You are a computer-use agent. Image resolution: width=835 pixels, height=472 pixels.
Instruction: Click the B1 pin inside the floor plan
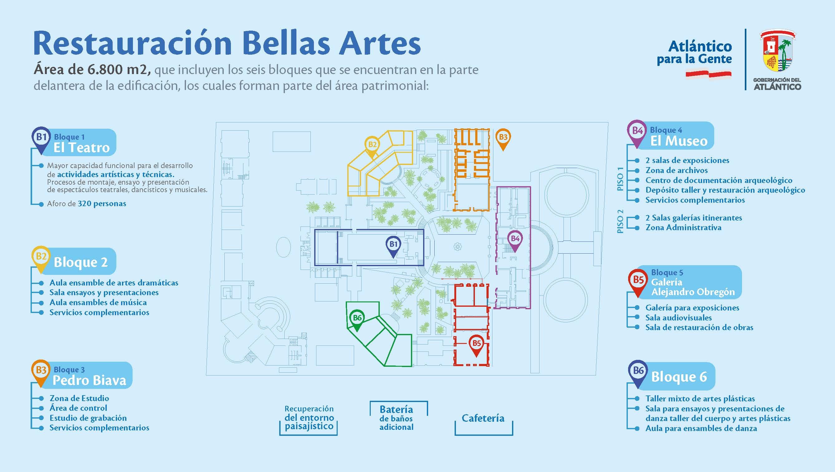393,246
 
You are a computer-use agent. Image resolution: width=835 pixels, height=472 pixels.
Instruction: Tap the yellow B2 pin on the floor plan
372,147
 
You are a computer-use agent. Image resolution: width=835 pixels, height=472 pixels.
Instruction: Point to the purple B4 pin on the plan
515,241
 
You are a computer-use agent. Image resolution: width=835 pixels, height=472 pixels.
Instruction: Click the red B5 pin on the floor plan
476,345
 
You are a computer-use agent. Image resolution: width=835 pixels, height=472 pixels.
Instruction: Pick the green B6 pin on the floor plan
357,320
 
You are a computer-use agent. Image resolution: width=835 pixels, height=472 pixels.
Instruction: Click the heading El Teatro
82,148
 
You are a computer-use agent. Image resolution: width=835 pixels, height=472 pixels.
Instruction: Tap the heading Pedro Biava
90,380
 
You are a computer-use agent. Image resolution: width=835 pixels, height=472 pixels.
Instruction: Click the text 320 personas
102,204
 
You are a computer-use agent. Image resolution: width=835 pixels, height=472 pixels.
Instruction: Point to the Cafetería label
483,418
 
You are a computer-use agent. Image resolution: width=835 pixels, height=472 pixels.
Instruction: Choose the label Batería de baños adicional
396,418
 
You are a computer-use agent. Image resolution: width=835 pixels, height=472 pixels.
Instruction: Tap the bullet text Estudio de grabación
88,418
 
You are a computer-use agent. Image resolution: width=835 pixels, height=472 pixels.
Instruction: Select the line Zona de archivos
676,170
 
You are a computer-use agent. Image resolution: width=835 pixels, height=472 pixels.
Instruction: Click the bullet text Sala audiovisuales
678,318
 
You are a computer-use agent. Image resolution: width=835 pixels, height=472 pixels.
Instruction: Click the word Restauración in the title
133,43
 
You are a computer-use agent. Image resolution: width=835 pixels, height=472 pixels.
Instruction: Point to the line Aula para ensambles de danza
701,428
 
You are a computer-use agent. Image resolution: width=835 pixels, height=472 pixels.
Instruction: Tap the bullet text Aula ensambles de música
98,302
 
